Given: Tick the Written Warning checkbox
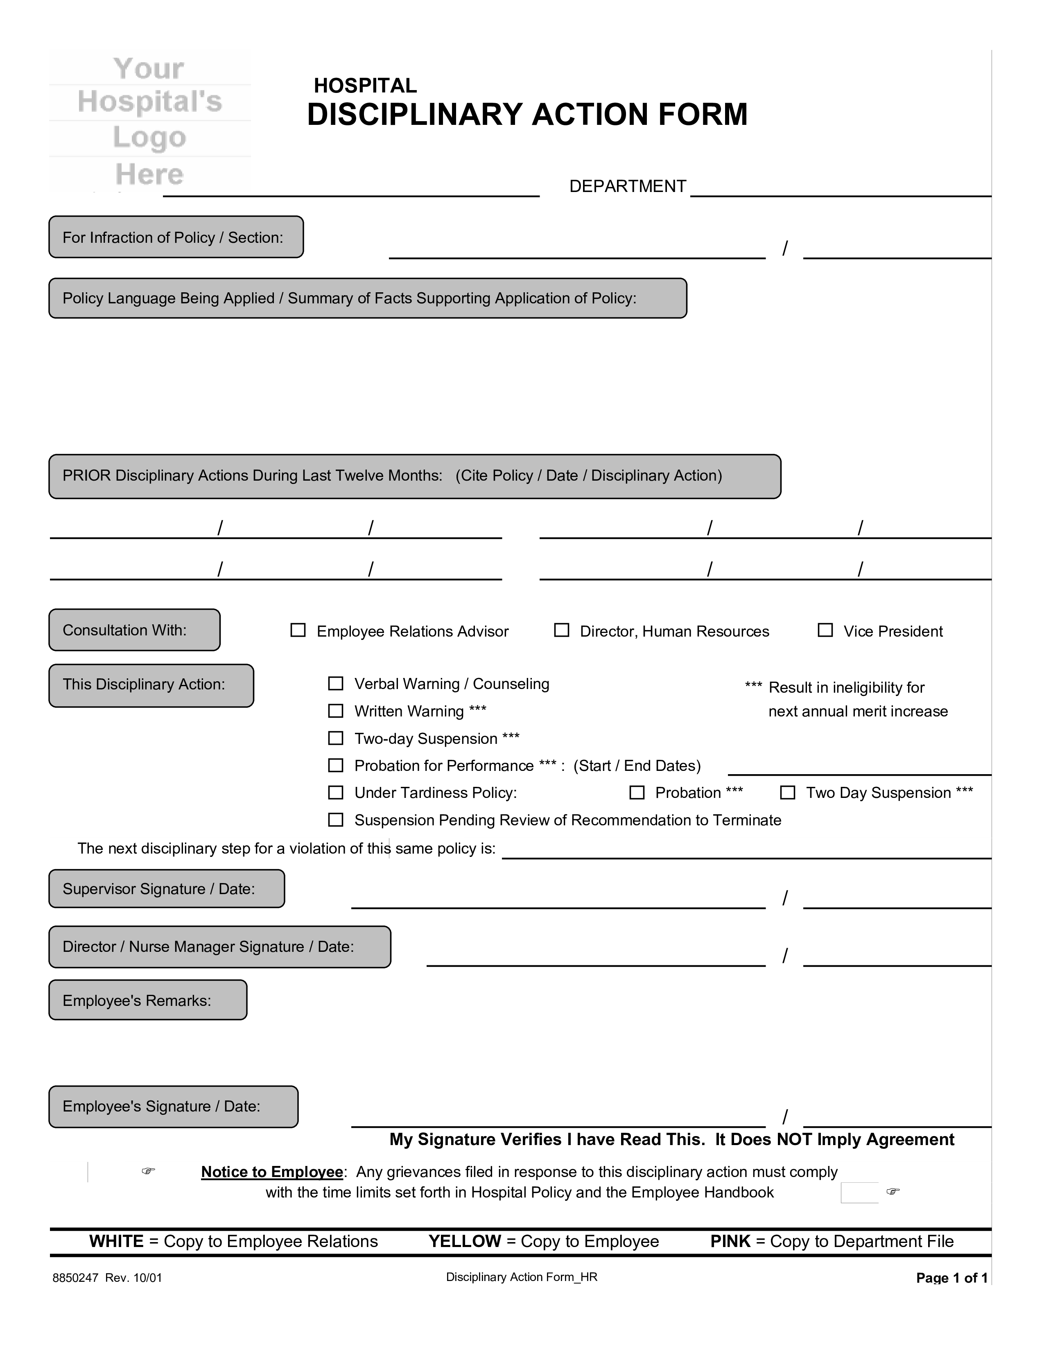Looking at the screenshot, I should pos(335,711).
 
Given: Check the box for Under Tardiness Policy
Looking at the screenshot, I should pos(335,793).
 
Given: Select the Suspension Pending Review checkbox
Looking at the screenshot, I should pos(335,820).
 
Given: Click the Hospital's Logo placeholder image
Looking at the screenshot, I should pos(150,121).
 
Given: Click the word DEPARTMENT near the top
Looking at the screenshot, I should pos(627,186).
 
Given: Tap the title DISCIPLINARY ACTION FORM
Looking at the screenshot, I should pos(527,115).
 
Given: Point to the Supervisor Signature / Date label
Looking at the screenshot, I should pos(159,889).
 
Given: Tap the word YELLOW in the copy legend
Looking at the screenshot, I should pos(465,1242).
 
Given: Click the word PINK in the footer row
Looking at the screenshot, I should pos(730,1242).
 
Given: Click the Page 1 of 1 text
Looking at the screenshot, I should pos(951,1278).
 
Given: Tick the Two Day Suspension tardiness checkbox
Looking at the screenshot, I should pos(787,793).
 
